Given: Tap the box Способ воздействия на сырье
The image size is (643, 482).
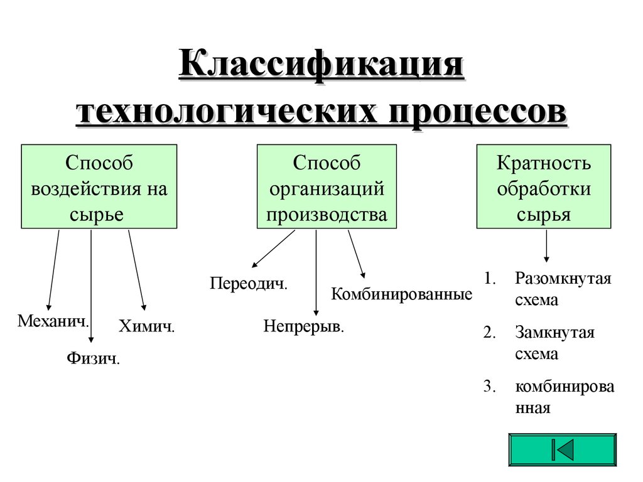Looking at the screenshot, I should [x=99, y=186].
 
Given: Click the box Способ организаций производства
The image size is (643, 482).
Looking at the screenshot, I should [x=327, y=186].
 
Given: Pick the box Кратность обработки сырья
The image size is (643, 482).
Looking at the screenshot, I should [x=543, y=186].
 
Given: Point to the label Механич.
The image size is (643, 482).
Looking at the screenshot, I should [x=53, y=321].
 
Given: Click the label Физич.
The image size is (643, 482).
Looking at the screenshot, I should [x=93, y=359].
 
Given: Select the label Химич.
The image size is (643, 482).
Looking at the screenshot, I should [x=146, y=326].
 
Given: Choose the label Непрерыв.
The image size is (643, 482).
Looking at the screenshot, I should [x=304, y=327].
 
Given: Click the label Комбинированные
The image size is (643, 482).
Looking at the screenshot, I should [x=402, y=294].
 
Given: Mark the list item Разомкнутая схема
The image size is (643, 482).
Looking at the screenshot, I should [x=563, y=289].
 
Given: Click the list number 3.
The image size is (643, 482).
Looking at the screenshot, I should [x=490, y=387].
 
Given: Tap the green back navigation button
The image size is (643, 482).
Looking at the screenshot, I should [x=562, y=449].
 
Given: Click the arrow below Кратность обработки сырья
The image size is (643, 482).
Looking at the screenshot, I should [x=546, y=246].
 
